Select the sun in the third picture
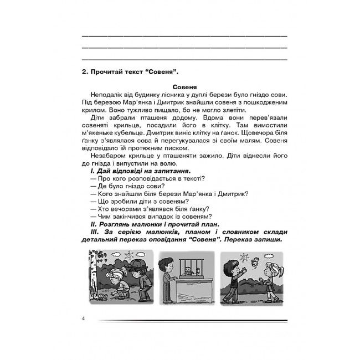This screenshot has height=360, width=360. (243, 256)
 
